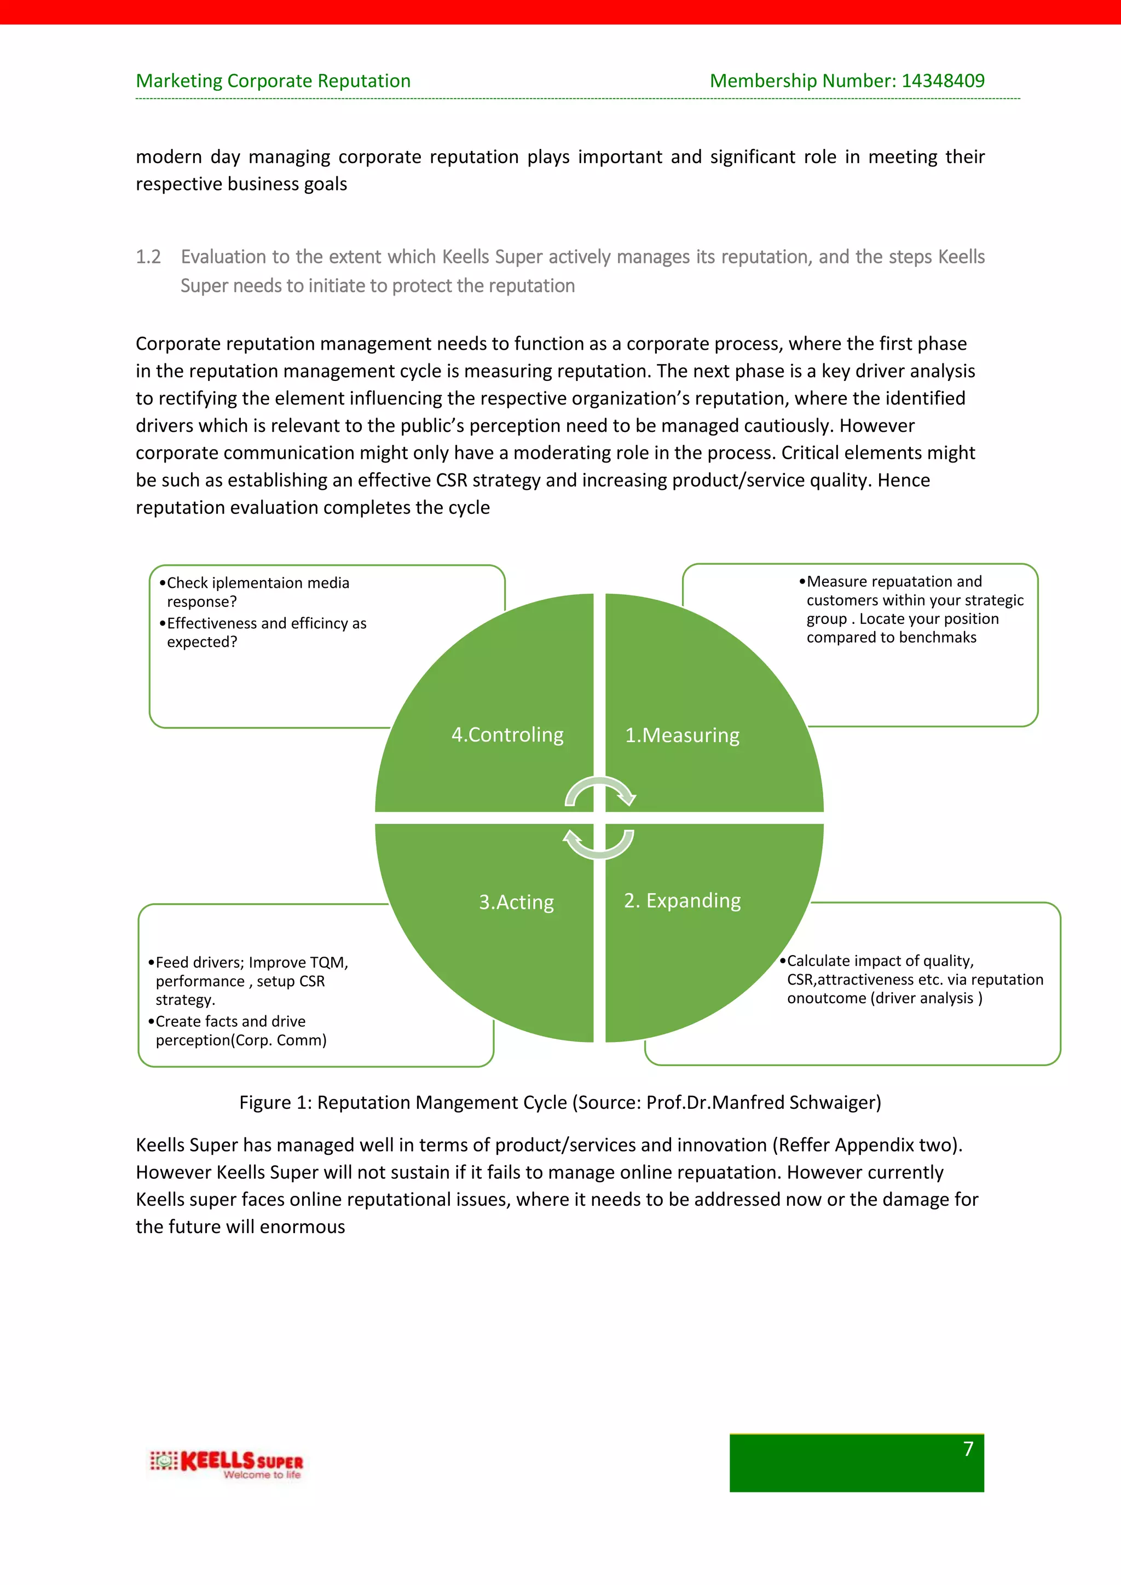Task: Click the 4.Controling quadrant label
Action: point(507,734)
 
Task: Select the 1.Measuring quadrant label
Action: point(682,735)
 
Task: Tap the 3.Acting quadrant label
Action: point(516,903)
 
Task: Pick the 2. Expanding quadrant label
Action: point(682,901)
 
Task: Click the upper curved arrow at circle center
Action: point(600,790)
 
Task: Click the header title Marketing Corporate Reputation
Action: point(273,81)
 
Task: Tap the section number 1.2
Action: point(148,257)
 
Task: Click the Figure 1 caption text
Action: point(560,1102)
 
